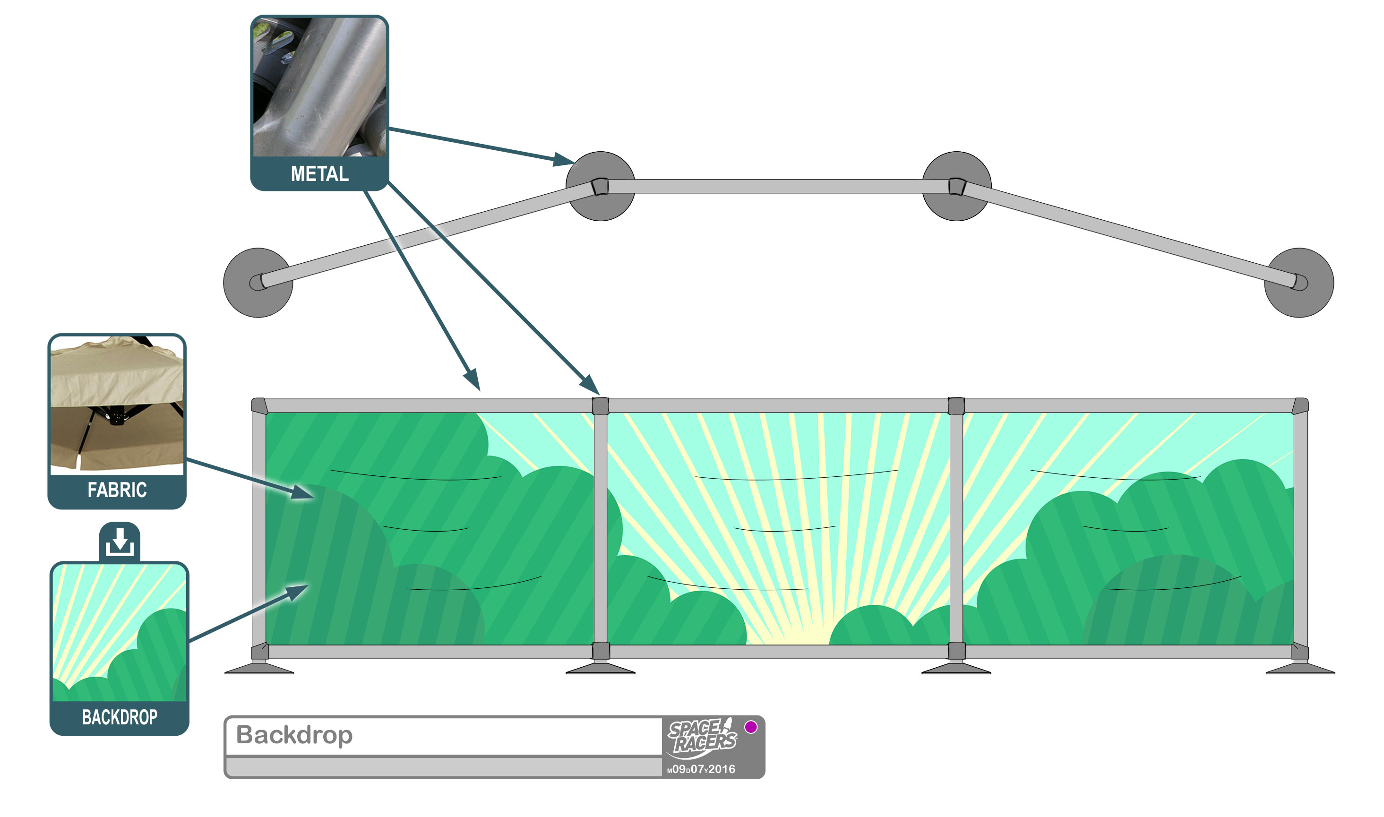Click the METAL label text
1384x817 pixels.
(x=319, y=174)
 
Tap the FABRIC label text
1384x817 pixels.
(x=117, y=490)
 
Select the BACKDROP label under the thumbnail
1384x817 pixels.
(x=120, y=717)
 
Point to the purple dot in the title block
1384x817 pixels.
(x=751, y=727)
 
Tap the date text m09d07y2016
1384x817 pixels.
(x=701, y=770)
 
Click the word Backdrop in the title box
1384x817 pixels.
(x=294, y=735)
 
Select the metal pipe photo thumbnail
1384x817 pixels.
(x=319, y=87)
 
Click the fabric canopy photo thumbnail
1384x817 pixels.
(x=117, y=404)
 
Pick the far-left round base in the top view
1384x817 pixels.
(x=258, y=283)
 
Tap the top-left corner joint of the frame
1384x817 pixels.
(x=259, y=406)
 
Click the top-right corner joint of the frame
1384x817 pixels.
(x=1300, y=406)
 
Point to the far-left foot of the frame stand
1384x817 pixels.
(x=259, y=670)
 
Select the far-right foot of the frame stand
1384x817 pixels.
(x=1300, y=670)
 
